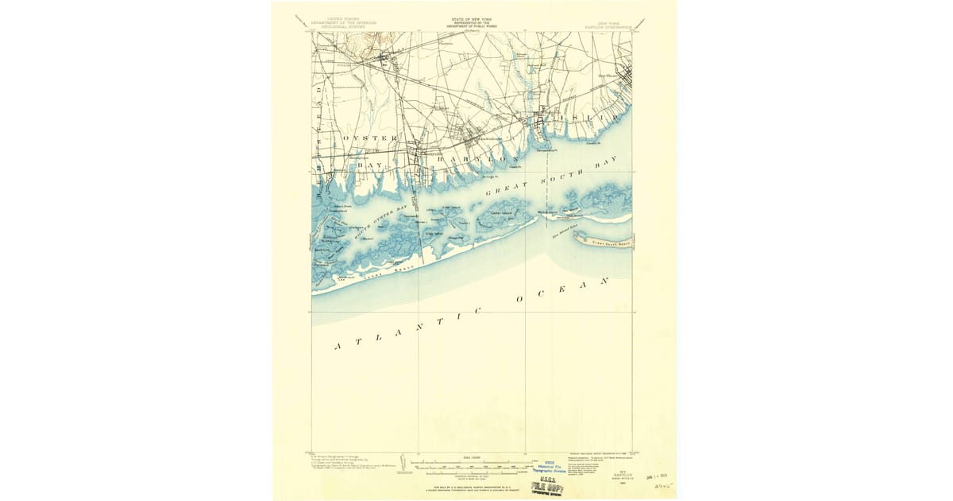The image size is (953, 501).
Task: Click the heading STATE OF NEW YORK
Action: pyautogui.click(x=470, y=18)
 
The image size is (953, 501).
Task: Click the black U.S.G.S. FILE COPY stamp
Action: pyautogui.click(x=550, y=483)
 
